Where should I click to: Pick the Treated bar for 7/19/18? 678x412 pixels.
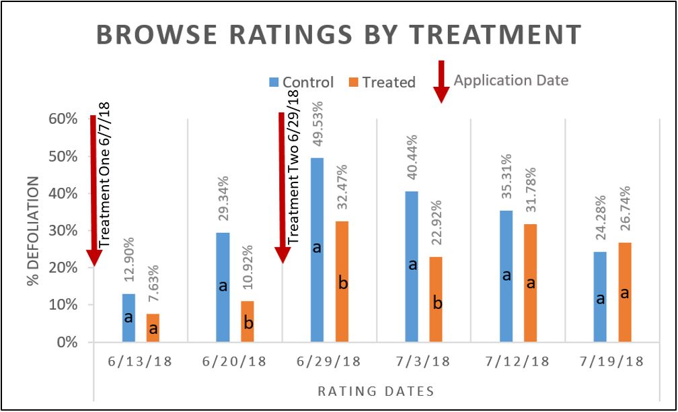pos(624,292)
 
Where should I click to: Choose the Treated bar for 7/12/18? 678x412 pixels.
pos(531,283)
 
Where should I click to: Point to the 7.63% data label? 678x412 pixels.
pos(153,285)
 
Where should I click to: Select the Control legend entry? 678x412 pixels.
pos(301,82)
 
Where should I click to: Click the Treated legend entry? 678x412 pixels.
pos(381,82)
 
